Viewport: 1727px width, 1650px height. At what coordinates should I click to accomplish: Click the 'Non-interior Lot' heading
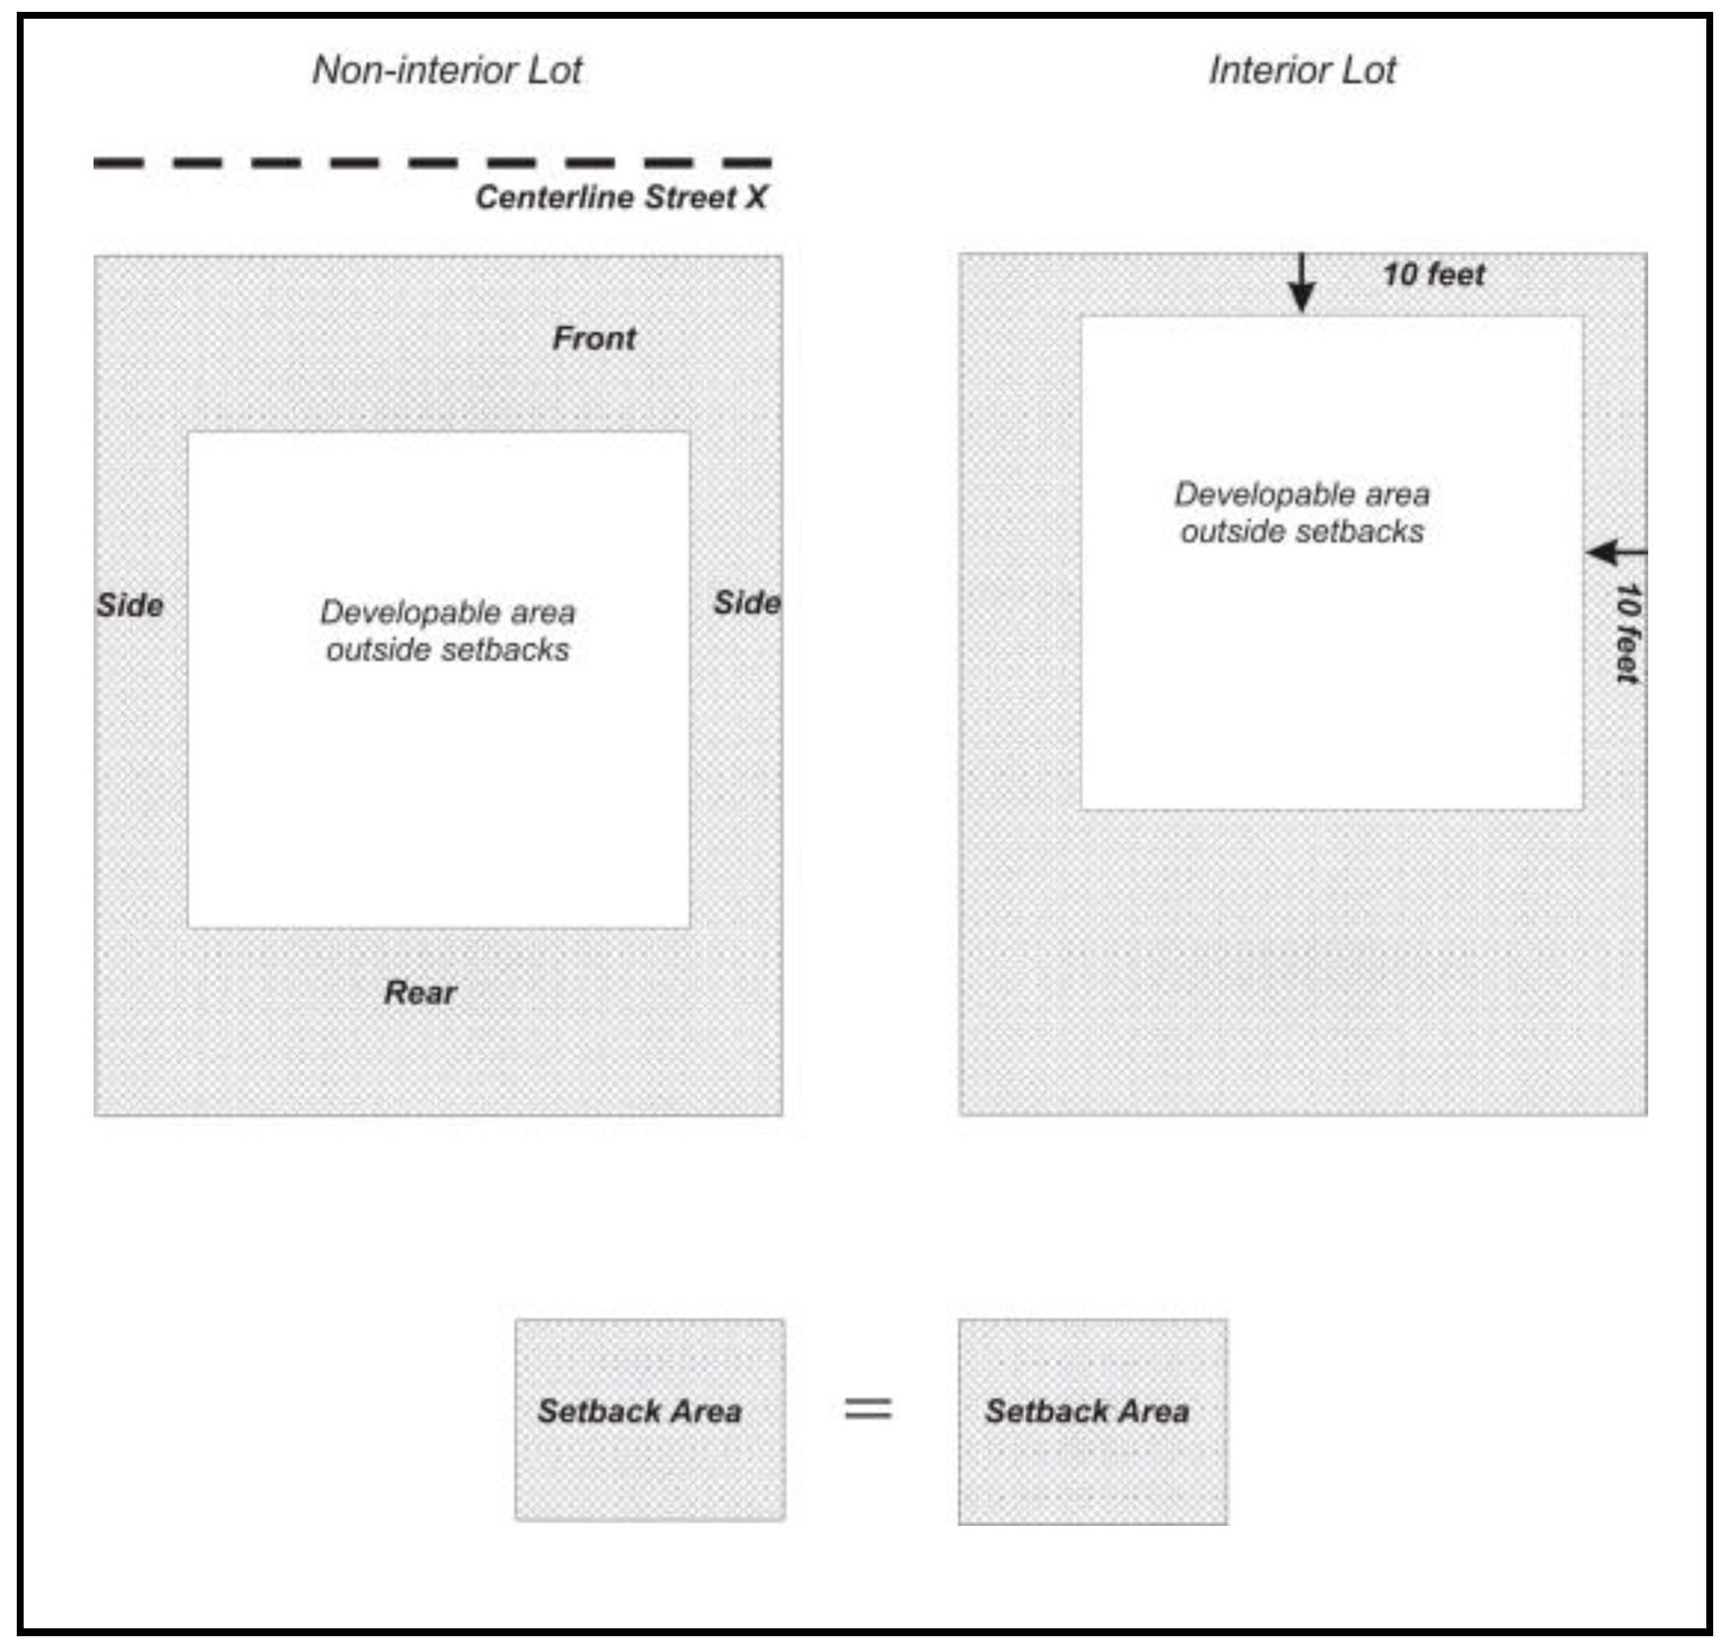tap(447, 70)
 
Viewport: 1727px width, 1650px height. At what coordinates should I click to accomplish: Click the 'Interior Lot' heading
tap(1302, 70)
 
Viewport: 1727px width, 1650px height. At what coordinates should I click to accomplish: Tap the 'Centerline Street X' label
tap(620, 197)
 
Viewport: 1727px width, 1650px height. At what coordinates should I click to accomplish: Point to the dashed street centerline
tap(432, 163)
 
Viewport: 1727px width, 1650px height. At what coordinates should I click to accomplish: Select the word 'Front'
tap(594, 338)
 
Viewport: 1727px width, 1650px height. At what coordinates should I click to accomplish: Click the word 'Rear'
tap(419, 992)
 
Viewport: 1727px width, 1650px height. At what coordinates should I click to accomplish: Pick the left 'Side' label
tap(130, 605)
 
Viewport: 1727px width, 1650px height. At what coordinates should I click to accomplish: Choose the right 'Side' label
tap(747, 603)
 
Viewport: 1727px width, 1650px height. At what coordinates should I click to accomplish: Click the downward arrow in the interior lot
tap(1302, 286)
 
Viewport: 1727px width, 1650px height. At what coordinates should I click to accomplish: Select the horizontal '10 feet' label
tap(1434, 275)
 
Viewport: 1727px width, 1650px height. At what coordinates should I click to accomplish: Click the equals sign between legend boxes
tap(868, 1408)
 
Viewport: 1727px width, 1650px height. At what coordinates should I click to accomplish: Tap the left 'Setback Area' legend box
tap(650, 1419)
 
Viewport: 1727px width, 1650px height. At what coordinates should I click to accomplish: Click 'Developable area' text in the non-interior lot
tap(447, 613)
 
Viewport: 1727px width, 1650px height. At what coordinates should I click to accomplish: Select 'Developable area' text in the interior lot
tap(1302, 495)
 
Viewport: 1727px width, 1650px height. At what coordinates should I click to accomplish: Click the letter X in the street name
tap(755, 197)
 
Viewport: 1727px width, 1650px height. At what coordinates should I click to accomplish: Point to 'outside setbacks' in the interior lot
tap(1302, 532)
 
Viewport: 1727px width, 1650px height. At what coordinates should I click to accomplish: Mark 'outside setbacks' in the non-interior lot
tap(447, 650)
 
